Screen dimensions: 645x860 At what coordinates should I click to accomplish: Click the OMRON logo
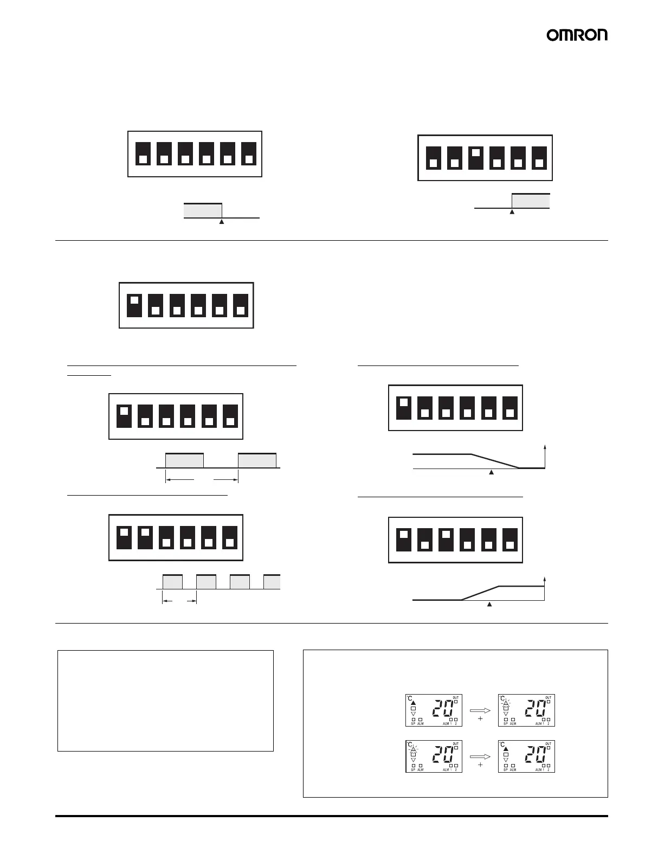[x=577, y=35]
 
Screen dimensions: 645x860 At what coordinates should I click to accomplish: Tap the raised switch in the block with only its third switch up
[x=475, y=153]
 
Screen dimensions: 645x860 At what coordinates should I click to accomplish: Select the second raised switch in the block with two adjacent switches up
[x=145, y=532]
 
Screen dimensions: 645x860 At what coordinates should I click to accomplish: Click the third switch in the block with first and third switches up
[x=446, y=535]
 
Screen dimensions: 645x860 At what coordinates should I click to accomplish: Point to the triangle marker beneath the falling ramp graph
[x=492, y=473]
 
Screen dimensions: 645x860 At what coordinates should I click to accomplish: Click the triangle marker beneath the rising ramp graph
[x=489, y=605]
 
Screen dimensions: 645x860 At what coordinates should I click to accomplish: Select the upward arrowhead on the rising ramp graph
[x=544, y=580]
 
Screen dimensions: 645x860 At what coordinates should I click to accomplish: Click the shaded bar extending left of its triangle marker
[x=203, y=210]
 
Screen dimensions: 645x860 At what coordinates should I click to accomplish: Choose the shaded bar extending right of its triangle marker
[x=531, y=201]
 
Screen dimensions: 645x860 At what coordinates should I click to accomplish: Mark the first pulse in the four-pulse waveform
[x=172, y=582]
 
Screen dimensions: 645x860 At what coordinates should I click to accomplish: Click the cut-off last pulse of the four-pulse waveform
[x=272, y=582]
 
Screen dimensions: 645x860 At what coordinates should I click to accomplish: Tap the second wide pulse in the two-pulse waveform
[x=257, y=460]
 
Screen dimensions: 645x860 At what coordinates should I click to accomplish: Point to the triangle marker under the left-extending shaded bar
[x=222, y=221]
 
